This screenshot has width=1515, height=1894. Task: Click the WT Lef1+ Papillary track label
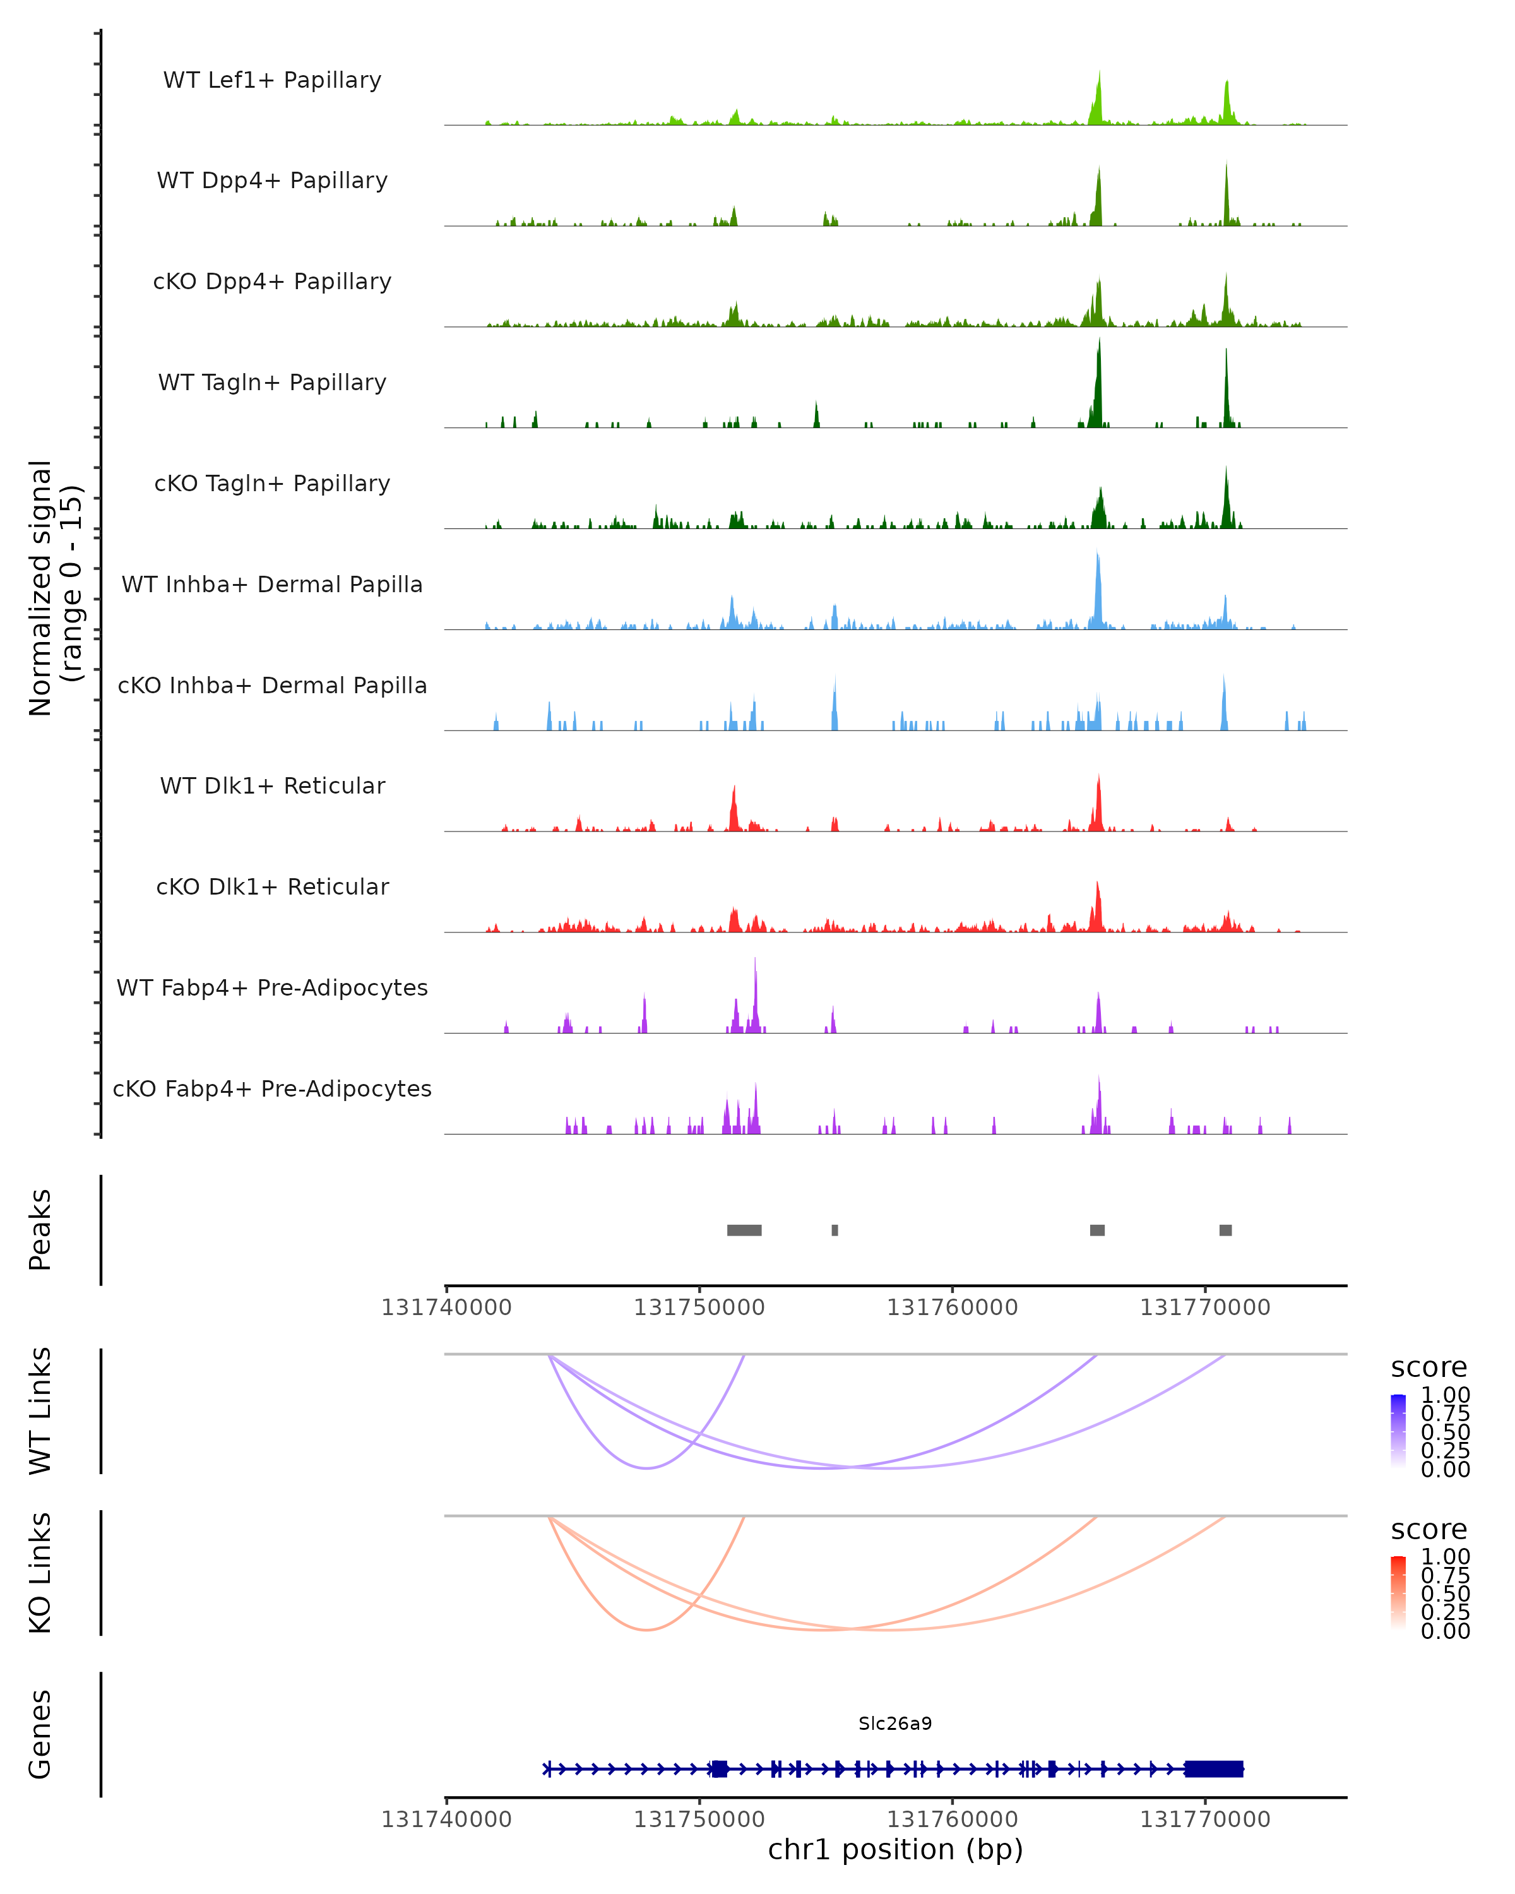(x=272, y=80)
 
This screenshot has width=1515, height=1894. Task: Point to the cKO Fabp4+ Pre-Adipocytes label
(x=272, y=1088)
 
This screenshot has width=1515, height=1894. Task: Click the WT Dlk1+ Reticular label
(x=272, y=785)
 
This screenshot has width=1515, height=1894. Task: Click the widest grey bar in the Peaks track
(x=744, y=1230)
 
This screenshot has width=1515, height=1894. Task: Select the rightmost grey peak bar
(x=1225, y=1230)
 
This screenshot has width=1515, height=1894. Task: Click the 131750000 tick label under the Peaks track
(x=699, y=1307)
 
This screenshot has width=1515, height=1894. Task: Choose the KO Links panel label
(x=40, y=1573)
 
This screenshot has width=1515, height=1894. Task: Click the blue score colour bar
(x=1398, y=1430)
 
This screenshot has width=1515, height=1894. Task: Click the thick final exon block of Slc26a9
(x=1214, y=1769)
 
